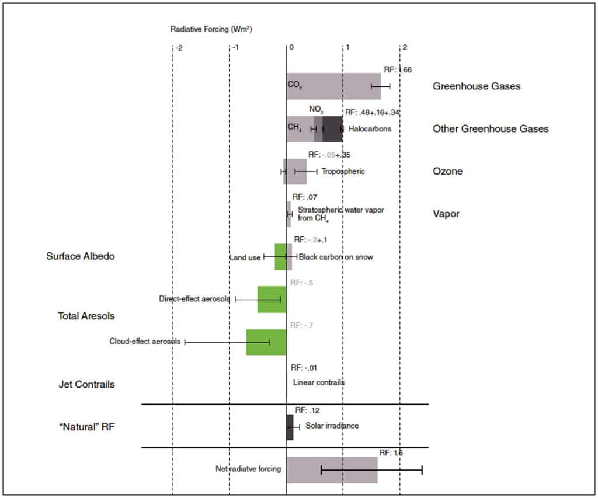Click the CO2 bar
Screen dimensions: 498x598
coord(333,86)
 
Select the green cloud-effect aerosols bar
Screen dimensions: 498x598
coord(266,342)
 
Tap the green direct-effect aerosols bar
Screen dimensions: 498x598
coord(272,300)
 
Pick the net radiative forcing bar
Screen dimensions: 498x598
coord(332,469)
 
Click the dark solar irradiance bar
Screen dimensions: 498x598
coord(290,427)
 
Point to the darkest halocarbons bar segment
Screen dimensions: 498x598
coord(332,129)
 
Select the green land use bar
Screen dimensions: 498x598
coord(280,257)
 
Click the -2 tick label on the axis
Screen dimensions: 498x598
coord(179,48)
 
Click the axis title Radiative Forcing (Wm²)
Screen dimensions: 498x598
coord(211,28)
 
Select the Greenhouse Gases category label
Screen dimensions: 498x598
coord(477,86)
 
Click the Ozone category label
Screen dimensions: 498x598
coord(447,172)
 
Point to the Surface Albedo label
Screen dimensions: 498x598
coord(81,256)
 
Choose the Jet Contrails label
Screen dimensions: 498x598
coord(86,385)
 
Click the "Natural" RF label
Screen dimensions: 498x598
coord(86,427)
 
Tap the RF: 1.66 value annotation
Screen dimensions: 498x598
coord(398,69)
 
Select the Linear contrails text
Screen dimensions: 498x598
coord(319,382)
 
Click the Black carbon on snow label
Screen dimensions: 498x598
coord(336,257)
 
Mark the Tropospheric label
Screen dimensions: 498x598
coord(343,172)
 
